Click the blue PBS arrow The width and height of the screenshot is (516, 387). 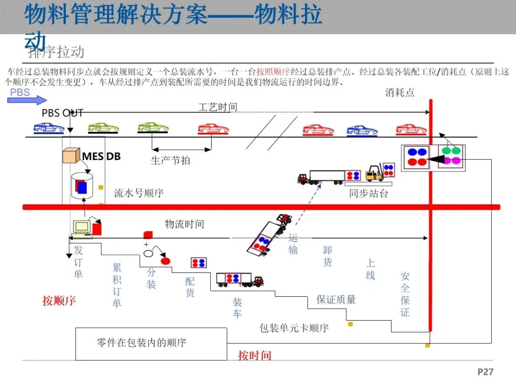click(x=27, y=99)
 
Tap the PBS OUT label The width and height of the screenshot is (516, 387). click(x=63, y=113)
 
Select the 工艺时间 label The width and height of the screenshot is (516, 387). click(x=218, y=107)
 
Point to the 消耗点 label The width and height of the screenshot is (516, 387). click(x=400, y=93)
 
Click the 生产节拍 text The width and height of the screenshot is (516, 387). click(x=171, y=161)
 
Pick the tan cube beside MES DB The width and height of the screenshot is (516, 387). click(x=71, y=156)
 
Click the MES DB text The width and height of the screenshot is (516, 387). click(x=101, y=156)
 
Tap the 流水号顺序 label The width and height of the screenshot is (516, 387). click(x=139, y=193)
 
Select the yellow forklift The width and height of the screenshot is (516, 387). click(x=376, y=173)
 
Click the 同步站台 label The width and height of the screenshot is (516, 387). click(x=368, y=193)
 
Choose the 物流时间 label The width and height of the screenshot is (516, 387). click(x=184, y=224)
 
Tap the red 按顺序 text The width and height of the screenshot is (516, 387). click(x=59, y=301)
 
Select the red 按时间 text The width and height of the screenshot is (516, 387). click(x=255, y=355)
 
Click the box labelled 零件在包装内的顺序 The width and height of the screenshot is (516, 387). click(x=151, y=344)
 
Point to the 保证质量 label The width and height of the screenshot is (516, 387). click(x=336, y=300)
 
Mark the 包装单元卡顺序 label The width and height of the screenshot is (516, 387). click(x=294, y=328)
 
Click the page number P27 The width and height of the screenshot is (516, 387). click(x=485, y=372)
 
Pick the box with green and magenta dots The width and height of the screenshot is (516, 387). click(x=451, y=155)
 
